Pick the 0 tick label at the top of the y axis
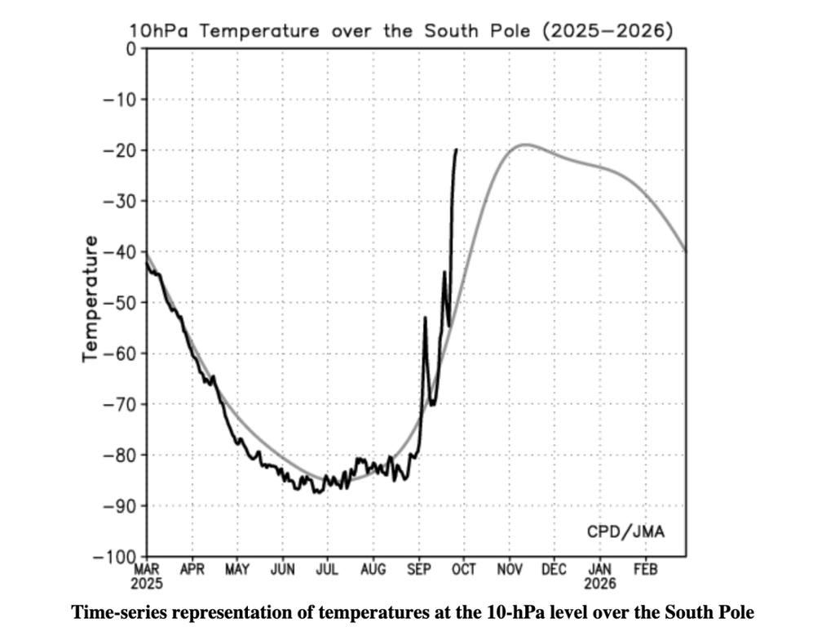coord(131,48)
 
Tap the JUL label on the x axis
coord(328,569)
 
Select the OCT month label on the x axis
coord(464,569)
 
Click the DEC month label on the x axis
coord(554,569)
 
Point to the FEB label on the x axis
coord(646,569)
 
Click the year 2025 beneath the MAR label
coord(147,584)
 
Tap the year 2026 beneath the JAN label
coord(600,584)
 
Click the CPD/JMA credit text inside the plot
coord(625,531)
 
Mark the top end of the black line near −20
coord(457,149)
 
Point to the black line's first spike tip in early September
coord(425,318)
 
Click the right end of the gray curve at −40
coord(685,251)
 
